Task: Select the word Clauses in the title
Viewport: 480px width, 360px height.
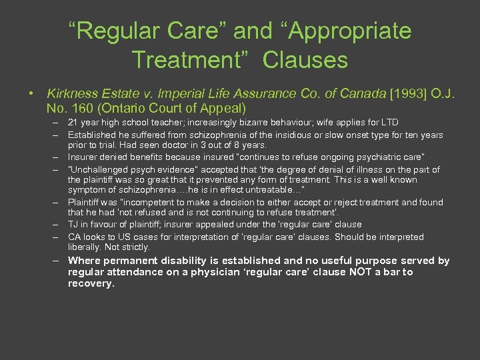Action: pyautogui.click(x=305, y=60)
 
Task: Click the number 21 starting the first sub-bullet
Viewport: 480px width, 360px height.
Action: pyautogui.click(x=74, y=123)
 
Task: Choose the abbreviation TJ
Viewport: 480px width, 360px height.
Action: pyautogui.click(x=73, y=225)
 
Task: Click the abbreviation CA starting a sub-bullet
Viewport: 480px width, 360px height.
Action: pyautogui.click(x=75, y=237)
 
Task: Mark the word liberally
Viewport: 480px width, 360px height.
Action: pyautogui.click(x=85, y=247)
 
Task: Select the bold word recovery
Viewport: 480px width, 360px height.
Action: pyautogui.click(x=91, y=283)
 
